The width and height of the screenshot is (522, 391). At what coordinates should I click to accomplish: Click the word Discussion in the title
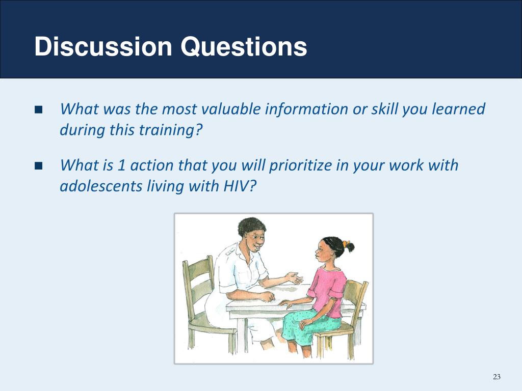pyautogui.click(x=103, y=46)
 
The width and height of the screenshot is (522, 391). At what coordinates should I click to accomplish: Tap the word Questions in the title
pyautogui.click(x=244, y=46)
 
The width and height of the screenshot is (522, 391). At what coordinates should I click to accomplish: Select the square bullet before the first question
pyautogui.click(x=39, y=109)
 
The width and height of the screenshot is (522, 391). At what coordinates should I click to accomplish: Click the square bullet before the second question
pyautogui.click(x=39, y=165)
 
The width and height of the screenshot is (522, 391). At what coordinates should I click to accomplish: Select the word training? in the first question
pyautogui.click(x=170, y=130)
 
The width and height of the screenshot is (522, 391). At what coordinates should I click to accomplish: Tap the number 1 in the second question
pyautogui.click(x=121, y=165)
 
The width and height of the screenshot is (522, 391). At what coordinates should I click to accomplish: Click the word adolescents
pyautogui.click(x=101, y=186)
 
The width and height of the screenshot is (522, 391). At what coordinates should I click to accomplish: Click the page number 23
pyautogui.click(x=497, y=377)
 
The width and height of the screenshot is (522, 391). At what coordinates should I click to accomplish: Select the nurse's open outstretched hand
pyautogui.click(x=294, y=278)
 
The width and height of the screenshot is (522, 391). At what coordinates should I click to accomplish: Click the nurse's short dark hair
pyautogui.click(x=252, y=227)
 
